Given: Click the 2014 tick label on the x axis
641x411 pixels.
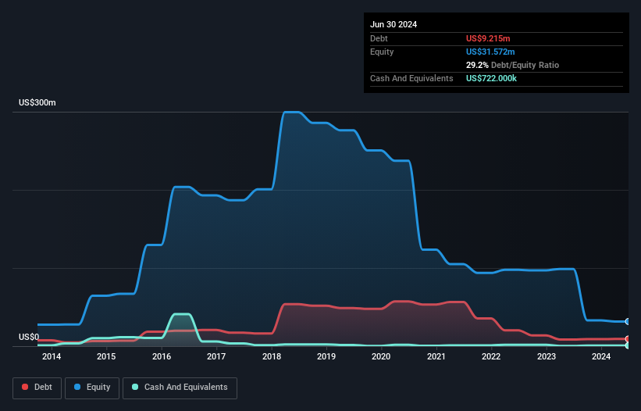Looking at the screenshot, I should (52, 357).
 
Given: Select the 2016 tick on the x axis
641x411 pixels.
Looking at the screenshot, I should (162, 357).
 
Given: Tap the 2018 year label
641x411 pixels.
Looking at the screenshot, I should (272, 357).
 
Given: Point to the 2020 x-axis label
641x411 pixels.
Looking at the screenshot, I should (381, 357).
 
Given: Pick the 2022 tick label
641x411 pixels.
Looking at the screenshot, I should (491, 357).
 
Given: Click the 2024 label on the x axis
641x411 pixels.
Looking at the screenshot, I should (601, 357).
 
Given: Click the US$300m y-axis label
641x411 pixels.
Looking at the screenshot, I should (37, 103).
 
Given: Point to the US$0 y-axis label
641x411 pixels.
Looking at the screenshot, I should (30, 338).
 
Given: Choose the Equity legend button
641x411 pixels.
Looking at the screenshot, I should (92, 388).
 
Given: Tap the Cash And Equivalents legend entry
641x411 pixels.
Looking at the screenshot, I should (180, 388).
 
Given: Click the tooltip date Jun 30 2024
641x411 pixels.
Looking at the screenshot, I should (394, 24).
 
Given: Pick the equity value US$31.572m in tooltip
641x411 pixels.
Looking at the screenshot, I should (494, 52).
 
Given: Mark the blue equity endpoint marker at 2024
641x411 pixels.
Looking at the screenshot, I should (627, 321).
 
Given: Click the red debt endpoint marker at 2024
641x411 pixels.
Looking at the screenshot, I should (627, 338).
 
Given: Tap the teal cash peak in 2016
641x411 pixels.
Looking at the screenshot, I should (181, 314).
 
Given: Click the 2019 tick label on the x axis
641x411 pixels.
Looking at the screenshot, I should (326, 357).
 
